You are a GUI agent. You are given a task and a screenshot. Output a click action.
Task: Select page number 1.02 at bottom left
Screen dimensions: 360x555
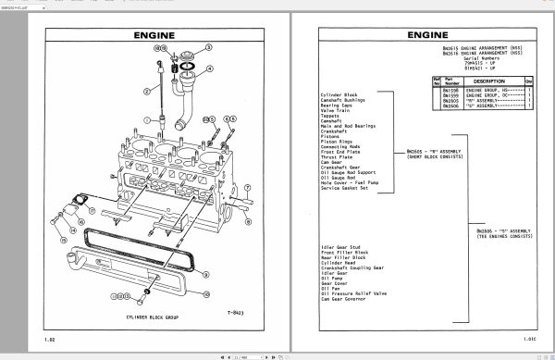coord(50,341)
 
